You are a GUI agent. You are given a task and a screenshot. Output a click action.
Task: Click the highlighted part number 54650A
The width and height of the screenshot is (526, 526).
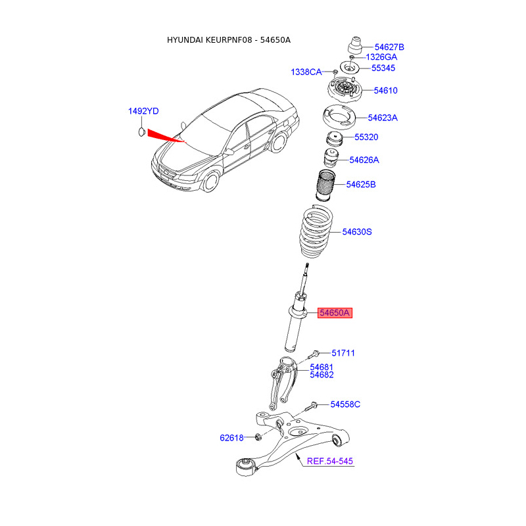point(335,313)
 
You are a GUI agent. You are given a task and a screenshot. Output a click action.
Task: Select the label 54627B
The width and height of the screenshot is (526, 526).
point(389,47)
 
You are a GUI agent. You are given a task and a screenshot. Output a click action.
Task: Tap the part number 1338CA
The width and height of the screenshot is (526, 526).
point(306,72)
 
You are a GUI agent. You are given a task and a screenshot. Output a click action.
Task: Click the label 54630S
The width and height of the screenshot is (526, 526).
point(357,232)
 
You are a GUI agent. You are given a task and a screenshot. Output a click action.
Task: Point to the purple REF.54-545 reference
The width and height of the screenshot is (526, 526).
point(330,462)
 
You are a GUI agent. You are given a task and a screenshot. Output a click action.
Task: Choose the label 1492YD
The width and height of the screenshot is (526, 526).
point(143,111)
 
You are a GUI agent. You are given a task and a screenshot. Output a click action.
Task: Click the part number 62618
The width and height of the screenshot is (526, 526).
point(231,438)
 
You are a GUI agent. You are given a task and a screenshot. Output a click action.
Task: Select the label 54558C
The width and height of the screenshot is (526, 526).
point(345,404)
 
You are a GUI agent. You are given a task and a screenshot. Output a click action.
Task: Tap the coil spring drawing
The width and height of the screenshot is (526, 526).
point(316,232)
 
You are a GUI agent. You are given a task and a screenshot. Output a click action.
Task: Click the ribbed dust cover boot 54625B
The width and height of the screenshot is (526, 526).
point(325,186)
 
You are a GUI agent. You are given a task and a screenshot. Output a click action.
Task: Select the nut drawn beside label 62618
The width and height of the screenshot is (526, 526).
point(258,437)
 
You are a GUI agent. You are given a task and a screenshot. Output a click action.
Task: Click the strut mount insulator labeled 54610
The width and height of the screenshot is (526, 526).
point(345,89)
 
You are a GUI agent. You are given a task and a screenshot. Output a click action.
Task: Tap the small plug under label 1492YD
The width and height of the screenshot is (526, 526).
point(142,132)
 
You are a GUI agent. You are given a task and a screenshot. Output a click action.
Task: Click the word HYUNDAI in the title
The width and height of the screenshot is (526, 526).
point(185,40)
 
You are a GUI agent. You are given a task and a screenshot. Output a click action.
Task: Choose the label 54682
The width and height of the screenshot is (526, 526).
point(322,375)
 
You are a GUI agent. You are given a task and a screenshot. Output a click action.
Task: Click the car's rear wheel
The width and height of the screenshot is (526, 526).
point(278,142)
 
